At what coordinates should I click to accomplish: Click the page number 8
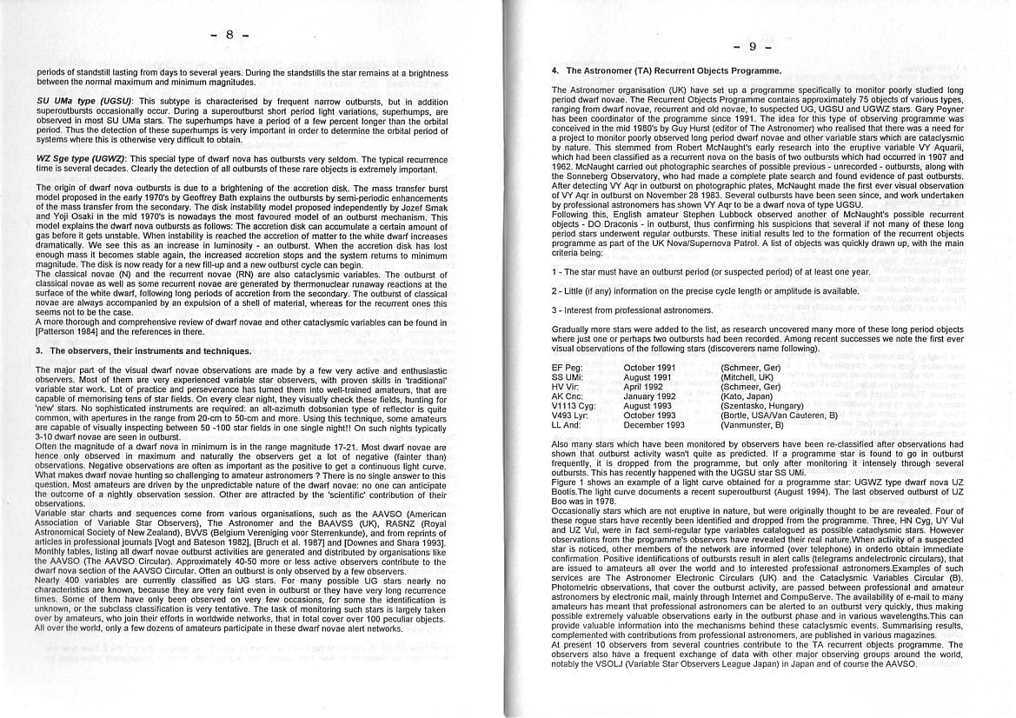pyautogui.click(x=229, y=36)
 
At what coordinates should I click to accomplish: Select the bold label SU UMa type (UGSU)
pyautogui.click(x=84, y=102)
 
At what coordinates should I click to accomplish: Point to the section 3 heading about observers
pyautogui.click(x=143, y=351)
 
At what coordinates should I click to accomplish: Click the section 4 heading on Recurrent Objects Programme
pyautogui.click(x=666, y=70)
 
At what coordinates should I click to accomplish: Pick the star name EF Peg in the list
pyautogui.click(x=566, y=368)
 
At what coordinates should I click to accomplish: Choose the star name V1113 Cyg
pyautogui.click(x=574, y=406)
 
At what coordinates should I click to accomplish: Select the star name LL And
pyautogui.click(x=566, y=425)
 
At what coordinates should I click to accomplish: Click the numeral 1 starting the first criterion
pyautogui.click(x=554, y=272)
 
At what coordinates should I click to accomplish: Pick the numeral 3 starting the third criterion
pyautogui.click(x=554, y=309)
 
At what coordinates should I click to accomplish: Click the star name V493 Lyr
pyautogui.click(x=570, y=416)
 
